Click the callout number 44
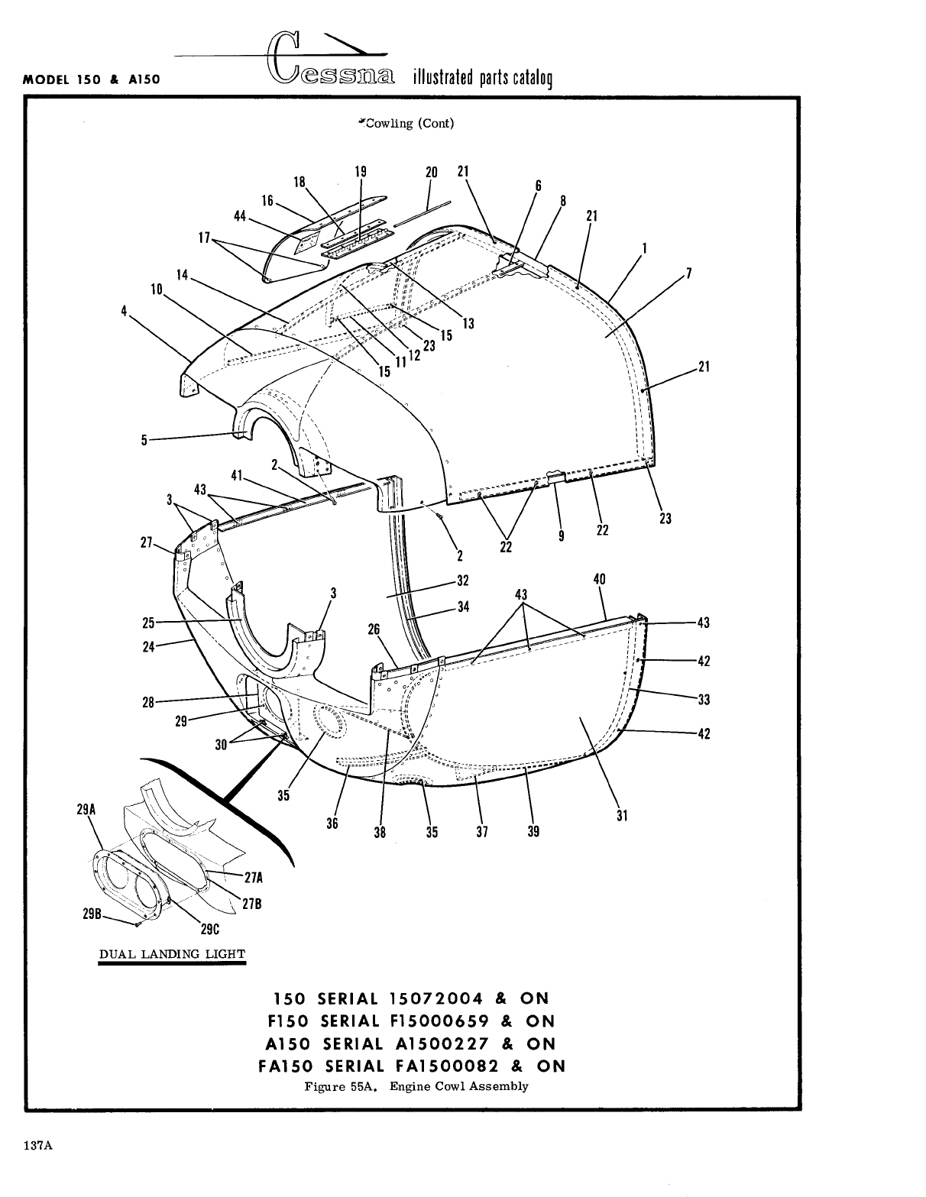coord(240,218)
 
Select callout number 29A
coord(87,808)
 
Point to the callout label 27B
coord(252,904)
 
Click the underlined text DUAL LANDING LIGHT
coord(172,954)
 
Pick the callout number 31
coord(622,816)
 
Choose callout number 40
coord(599,580)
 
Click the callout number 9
coord(562,536)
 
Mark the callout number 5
coord(144,440)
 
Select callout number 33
coord(704,699)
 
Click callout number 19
coord(361,172)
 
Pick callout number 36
coord(332,824)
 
